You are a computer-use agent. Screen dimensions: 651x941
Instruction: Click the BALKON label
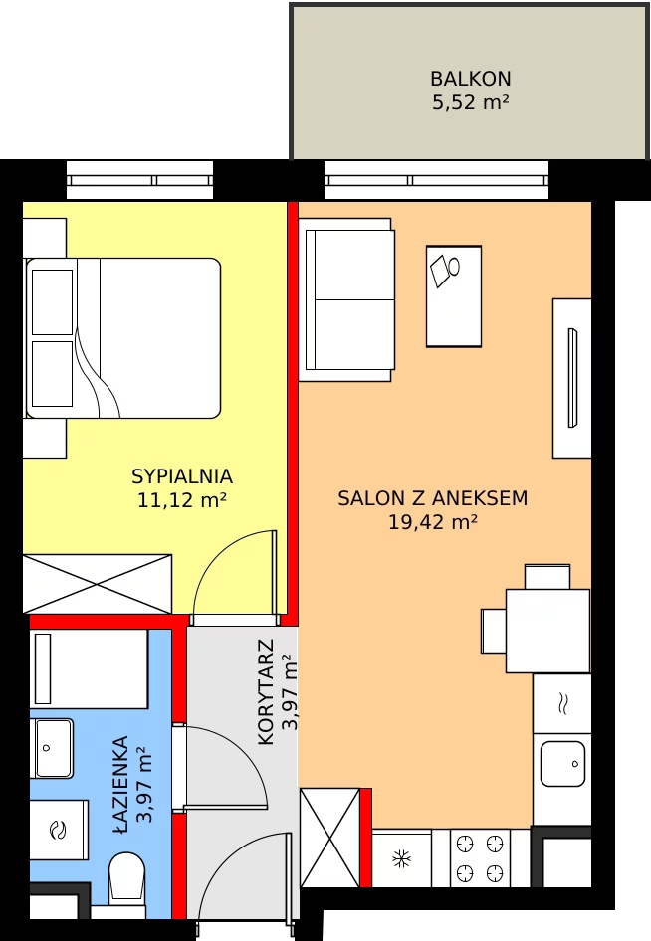(470, 79)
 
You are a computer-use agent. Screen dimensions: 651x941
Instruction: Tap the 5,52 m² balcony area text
(470, 102)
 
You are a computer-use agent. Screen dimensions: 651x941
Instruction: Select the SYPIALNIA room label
(182, 476)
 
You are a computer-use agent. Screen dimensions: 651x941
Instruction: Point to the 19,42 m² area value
(432, 522)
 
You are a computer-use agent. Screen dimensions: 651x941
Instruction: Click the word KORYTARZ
(266, 691)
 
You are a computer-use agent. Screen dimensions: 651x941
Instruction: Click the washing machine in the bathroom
(59, 830)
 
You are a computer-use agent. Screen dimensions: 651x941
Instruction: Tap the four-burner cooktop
(480, 858)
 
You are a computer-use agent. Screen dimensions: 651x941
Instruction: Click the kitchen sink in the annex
(562, 763)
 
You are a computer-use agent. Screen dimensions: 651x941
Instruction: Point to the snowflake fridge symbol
(401, 858)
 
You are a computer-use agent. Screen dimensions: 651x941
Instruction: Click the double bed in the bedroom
(122, 338)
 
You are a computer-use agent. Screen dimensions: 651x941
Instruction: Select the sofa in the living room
(346, 300)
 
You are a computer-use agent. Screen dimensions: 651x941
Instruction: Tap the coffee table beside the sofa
(454, 295)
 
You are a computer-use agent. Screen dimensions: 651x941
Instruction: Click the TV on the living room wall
(572, 378)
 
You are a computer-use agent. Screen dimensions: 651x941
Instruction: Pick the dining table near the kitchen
(547, 631)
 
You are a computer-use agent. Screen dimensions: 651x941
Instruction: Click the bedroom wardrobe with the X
(98, 584)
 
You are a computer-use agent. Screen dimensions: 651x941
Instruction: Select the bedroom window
(139, 180)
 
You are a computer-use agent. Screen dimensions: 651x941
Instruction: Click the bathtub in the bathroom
(89, 668)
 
